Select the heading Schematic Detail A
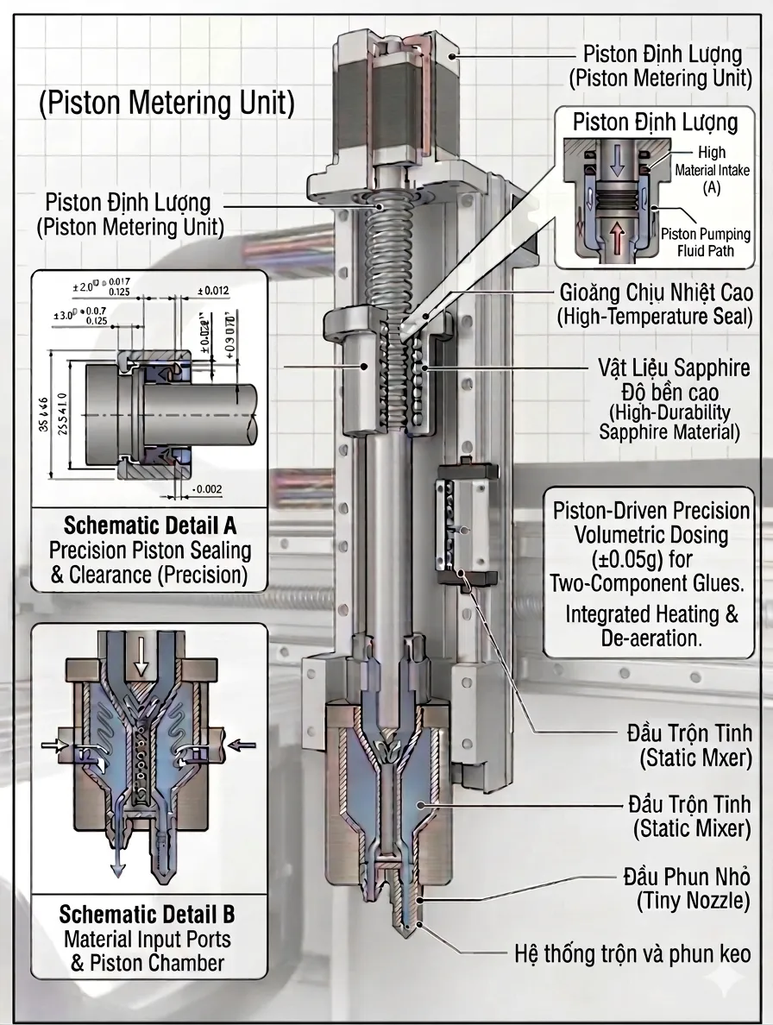point(150,525)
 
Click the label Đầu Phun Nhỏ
point(686,878)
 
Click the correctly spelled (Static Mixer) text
point(692,828)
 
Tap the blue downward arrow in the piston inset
point(613,159)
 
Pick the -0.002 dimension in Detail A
point(206,490)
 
